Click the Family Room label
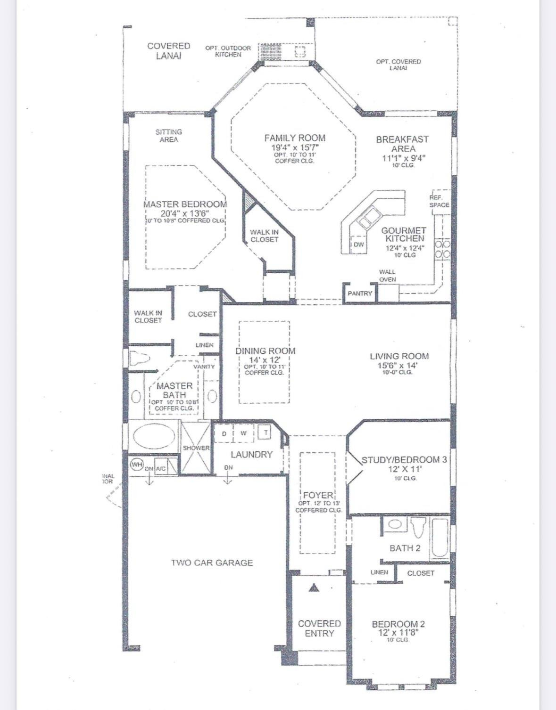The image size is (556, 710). coord(294,138)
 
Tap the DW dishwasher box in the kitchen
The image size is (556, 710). coord(359,245)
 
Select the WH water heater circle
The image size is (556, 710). coord(136,465)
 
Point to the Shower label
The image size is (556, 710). coord(196,448)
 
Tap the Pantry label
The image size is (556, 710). coord(360,293)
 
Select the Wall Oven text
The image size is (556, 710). coord(387,276)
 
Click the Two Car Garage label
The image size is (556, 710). coord(212,563)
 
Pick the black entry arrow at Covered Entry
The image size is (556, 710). coord(314,588)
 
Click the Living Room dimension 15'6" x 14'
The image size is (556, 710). coord(399,365)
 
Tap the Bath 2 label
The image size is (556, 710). coord(405,548)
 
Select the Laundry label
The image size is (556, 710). coord(251,454)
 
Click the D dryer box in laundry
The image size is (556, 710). coord(224,433)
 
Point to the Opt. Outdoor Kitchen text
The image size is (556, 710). coord(228,51)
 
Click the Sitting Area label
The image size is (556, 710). coord(168,136)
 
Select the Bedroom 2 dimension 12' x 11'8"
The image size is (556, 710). coord(398,632)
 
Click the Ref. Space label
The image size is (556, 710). coord(439,201)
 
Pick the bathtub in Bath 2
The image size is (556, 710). coord(439,539)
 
